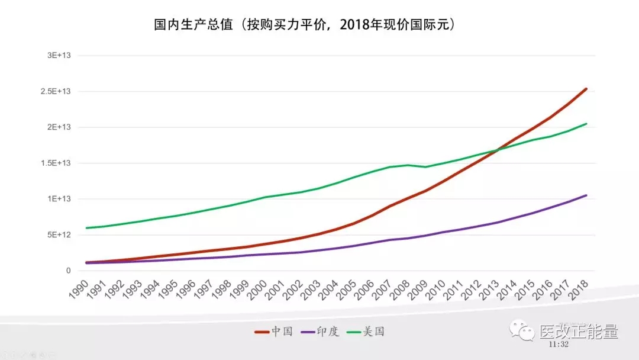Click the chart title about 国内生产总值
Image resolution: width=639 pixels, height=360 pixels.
304,25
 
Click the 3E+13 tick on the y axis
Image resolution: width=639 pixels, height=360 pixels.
60,56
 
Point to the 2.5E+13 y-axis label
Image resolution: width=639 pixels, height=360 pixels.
57,91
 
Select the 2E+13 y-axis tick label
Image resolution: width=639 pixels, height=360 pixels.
60,127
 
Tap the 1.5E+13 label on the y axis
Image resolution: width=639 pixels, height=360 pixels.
57,163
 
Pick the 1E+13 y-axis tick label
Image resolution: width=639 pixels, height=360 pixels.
60,199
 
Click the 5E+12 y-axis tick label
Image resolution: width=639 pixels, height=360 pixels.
60,235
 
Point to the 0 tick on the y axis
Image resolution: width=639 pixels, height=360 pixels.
69,271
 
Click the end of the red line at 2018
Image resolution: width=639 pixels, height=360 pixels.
586,89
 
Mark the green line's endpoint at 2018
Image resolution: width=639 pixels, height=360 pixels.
586,124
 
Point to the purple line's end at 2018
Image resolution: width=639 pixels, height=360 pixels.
586,195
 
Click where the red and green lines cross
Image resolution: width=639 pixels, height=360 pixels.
497,150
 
